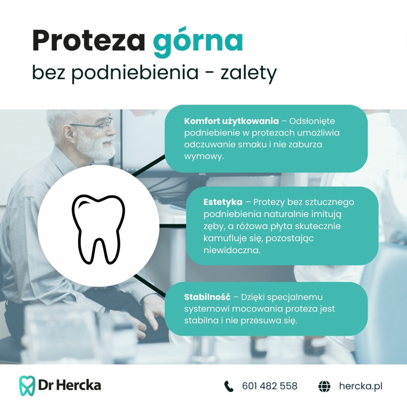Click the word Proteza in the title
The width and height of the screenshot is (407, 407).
(89, 41)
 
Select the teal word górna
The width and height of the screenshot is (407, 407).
(198, 42)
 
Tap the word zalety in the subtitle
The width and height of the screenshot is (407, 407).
(248, 73)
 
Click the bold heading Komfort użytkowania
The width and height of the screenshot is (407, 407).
(231, 121)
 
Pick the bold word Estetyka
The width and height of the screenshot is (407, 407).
(223, 202)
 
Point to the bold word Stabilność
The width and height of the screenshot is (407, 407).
(207, 297)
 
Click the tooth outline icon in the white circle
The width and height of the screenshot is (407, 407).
(99, 229)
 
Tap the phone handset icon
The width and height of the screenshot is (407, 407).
(229, 386)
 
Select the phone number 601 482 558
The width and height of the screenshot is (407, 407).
(269, 386)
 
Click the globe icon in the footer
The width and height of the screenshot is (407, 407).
(324, 386)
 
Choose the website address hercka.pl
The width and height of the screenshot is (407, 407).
(360, 386)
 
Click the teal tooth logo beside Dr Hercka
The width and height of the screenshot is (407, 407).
(27, 386)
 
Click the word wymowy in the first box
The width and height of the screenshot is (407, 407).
(203, 157)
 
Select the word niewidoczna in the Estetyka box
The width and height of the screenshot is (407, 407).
(232, 250)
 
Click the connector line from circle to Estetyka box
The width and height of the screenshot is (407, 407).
(172, 226)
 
